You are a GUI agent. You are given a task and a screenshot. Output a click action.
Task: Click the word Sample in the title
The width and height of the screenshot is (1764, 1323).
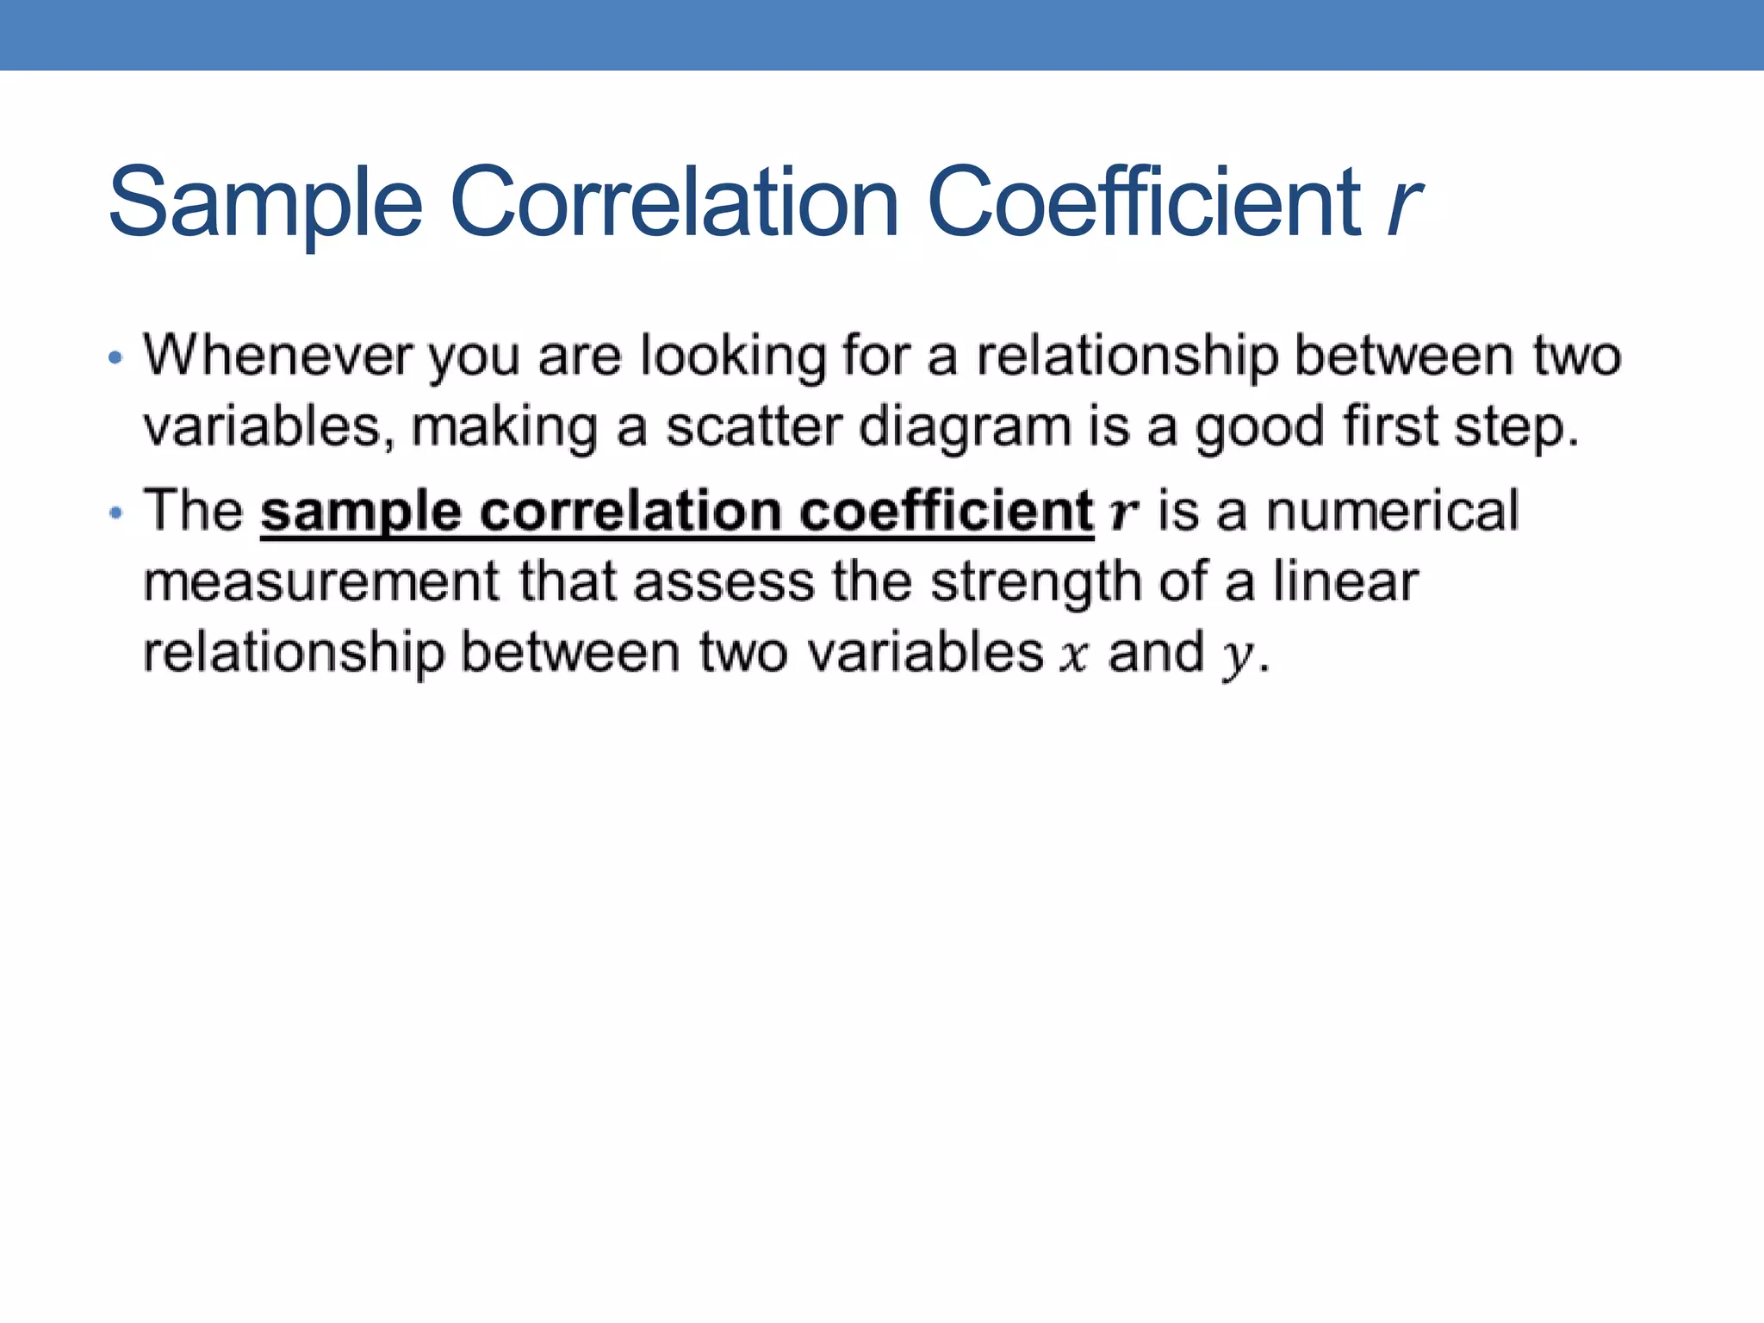point(265,203)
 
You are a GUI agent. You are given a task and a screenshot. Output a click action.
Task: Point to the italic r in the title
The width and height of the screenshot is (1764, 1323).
point(1404,205)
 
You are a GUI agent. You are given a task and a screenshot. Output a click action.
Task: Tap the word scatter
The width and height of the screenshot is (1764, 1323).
point(754,427)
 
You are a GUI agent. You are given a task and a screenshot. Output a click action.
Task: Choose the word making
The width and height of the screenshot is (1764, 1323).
point(505,429)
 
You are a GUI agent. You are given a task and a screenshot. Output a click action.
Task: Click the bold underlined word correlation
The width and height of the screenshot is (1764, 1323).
point(630,512)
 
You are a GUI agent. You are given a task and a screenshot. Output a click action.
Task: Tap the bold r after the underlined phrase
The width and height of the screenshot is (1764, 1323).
point(1124,513)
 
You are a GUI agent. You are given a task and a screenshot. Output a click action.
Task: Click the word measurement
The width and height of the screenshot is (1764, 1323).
point(321,582)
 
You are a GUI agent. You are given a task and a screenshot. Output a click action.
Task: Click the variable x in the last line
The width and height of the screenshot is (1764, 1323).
point(1074,655)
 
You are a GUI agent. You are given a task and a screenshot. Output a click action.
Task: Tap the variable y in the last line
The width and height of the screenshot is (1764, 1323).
point(1237,656)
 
